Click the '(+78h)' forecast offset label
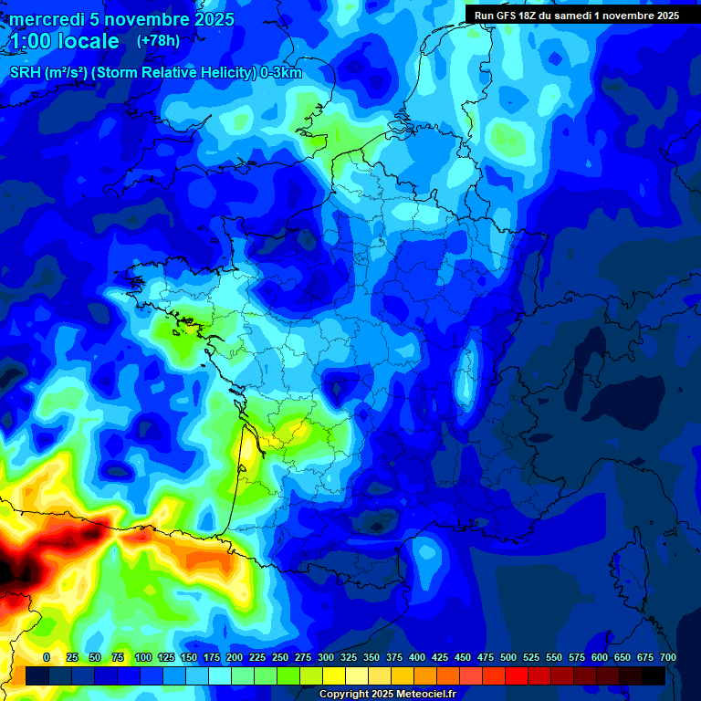point(157,41)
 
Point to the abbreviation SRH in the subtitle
point(26,73)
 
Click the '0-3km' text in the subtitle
point(281,73)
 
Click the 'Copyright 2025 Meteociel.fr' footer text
point(388,695)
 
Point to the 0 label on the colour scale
point(47,657)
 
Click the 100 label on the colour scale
point(143,657)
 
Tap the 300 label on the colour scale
point(326,657)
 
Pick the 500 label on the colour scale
point(508,657)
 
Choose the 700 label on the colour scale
point(668,657)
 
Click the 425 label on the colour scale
point(440,657)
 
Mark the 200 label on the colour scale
point(235,657)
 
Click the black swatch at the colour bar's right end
point(654,675)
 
